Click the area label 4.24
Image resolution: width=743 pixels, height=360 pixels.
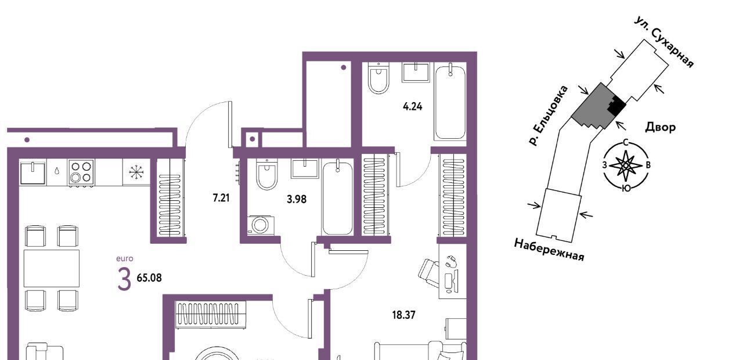tap(413, 106)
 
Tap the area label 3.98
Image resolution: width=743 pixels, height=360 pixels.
tap(297, 199)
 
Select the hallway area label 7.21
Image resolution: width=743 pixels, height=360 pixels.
tap(221, 198)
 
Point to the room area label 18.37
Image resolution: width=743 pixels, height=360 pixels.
tap(403, 315)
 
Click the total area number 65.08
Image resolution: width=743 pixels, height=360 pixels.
tap(149, 278)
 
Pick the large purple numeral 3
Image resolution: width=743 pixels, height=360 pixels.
tap(124, 279)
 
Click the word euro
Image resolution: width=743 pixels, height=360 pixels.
tap(125, 258)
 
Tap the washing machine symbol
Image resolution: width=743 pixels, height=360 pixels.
tap(261, 225)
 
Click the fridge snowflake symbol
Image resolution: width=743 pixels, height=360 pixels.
tap(136, 172)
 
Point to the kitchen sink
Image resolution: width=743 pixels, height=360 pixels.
tap(33, 172)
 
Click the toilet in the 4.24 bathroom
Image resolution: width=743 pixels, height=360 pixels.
tap(378, 78)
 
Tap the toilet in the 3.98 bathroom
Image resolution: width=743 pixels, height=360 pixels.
tap(267, 174)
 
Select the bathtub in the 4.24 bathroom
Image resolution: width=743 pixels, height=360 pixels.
tap(450, 102)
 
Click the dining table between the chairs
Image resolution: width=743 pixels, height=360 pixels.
tap(52, 268)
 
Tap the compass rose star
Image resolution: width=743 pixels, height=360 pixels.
tap(626, 165)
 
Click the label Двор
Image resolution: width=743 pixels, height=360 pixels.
tap(660, 127)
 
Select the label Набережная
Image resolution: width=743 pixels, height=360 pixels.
tap(549, 250)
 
